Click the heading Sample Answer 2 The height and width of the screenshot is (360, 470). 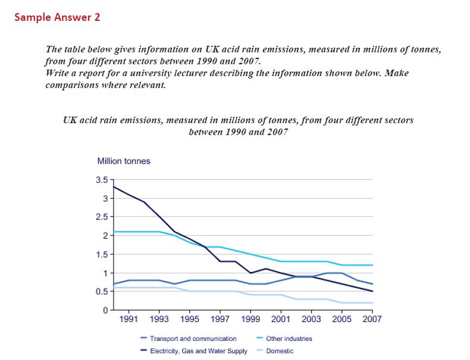click(57, 17)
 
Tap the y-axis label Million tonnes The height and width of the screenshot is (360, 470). click(124, 161)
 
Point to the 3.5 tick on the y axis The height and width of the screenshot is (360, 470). click(101, 180)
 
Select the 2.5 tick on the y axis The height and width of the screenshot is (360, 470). click(101, 217)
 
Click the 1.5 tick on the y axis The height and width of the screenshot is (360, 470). click(101, 255)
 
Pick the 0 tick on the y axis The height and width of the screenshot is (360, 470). click(105, 310)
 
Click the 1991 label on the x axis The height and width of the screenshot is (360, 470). click(129, 320)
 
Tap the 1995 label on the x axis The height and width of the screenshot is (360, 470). click(190, 320)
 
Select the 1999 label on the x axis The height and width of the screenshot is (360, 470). click(251, 320)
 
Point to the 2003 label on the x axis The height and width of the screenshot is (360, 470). click(312, 320)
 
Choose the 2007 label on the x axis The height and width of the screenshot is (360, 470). click(372, 320)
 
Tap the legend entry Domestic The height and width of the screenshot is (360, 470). click(279, 351)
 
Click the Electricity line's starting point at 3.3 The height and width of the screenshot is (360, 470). click(114, 187)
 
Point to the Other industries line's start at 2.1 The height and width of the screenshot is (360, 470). click(114, 231)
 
